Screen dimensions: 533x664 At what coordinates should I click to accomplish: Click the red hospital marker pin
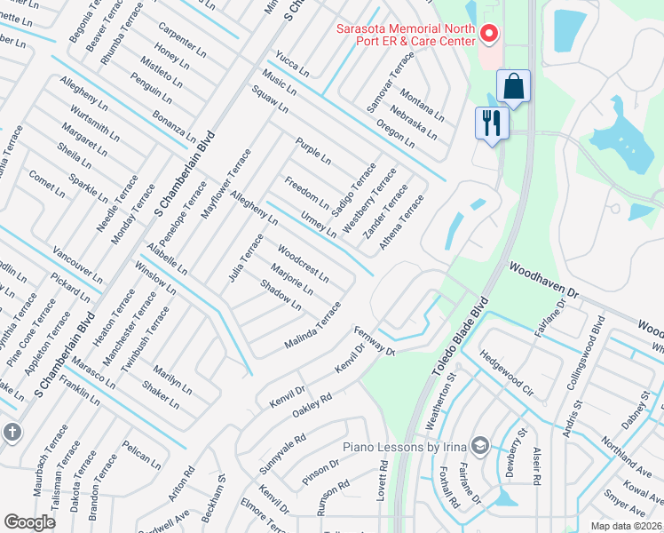(487, 35)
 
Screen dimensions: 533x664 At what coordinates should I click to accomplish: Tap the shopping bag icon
(513, 87)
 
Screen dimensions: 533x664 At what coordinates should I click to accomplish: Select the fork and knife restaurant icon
(492, 122)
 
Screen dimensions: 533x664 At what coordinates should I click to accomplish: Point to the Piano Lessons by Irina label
(405, 445)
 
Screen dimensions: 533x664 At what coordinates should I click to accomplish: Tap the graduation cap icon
(480, 444)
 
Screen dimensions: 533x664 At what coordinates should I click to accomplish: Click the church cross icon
(12, 433)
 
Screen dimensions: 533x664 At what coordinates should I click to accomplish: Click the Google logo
(29, 521)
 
